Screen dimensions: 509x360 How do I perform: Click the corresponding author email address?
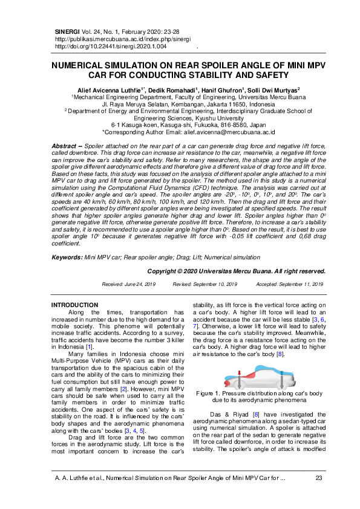pyautogui.click(x=223, y=131)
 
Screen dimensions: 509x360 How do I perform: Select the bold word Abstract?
pyautogui.click(x=64, y=147)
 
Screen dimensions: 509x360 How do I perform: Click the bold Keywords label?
pyautogui.click(x=67, y=257)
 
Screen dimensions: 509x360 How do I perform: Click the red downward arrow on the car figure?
pyautogui.click(x=240, y=380)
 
